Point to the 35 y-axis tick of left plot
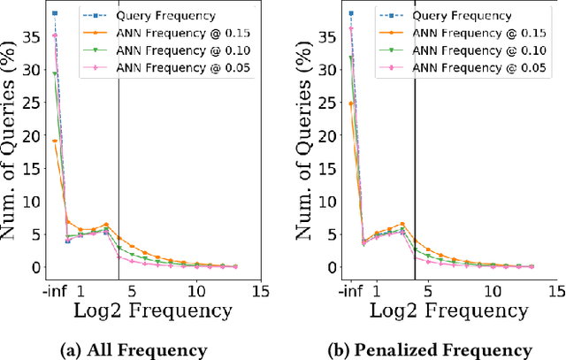coord(32,36)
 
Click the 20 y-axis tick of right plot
coord(327,135)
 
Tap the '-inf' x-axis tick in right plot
coord(351,289)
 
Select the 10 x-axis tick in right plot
coord(492,289)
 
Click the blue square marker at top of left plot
coord(55,13)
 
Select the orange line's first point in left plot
coord(55,141)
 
